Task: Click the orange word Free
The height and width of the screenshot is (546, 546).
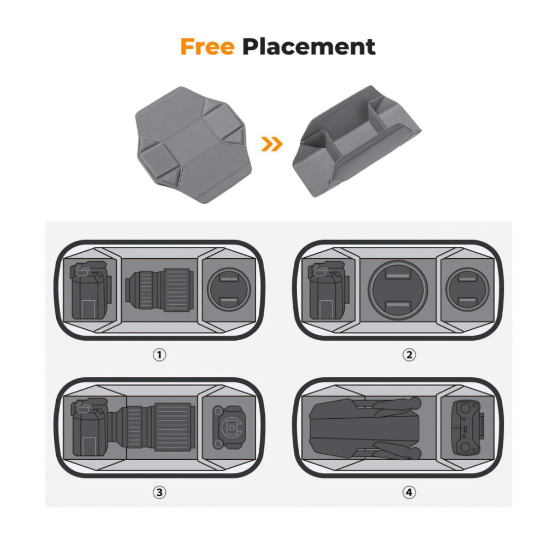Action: pyautogui.click(x=207, y=47)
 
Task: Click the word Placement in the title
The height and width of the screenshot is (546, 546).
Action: pyautogui.click(x=309, y=47)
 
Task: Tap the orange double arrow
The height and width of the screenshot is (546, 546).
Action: pyautogui.click(x=271, y=144)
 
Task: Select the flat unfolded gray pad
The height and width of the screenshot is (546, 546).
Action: pyautogui.click(x=193, y=145)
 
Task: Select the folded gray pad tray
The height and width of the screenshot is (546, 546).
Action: pyautogui.click(x=356, y=141)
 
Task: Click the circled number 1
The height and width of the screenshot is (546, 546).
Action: pyautogui.click(x=159, y=355)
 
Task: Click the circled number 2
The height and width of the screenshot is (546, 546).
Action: pyautogui.click(x=409, y=355)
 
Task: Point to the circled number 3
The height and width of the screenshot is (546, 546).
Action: pyautogui.click(x=159, y=492)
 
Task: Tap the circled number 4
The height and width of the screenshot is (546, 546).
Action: pyautogui.click(x=409, y=492)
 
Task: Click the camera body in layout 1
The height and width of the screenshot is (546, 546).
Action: pyautogui.click(x=91, y=290)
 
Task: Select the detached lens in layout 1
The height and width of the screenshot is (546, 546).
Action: pyautogui.click(x=159, y=290)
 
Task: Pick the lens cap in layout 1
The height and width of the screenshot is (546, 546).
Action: pyautogui.click(x=229, y=289)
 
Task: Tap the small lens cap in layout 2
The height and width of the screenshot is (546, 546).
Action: pyautogui.click(x=467, y=289)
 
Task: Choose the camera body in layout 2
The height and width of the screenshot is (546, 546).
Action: pyautogui.click(x=328, y=290)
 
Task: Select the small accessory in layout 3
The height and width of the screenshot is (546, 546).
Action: pyautogui.click(x=229, y=427)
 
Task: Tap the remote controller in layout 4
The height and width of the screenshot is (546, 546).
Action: pyautogui.click(x=467, y=428)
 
